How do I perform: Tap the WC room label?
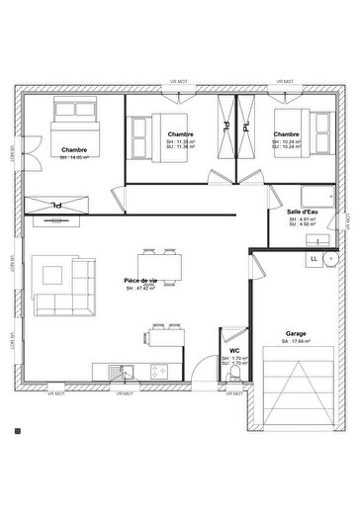tap(233, 351)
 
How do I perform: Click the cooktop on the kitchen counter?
tap(157, 372)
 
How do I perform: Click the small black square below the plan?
tap(17, 431)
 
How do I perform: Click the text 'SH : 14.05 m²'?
tap(73, 158)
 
